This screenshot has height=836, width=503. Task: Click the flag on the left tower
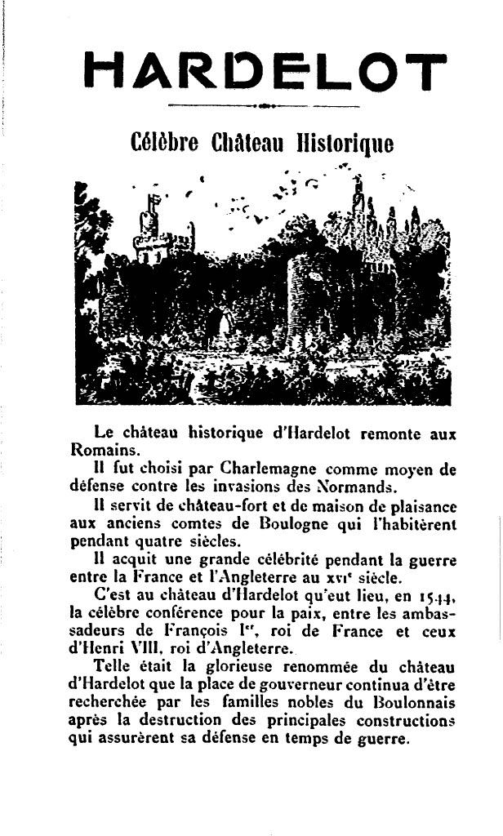point(151,203)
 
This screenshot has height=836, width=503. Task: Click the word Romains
point(94,448)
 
